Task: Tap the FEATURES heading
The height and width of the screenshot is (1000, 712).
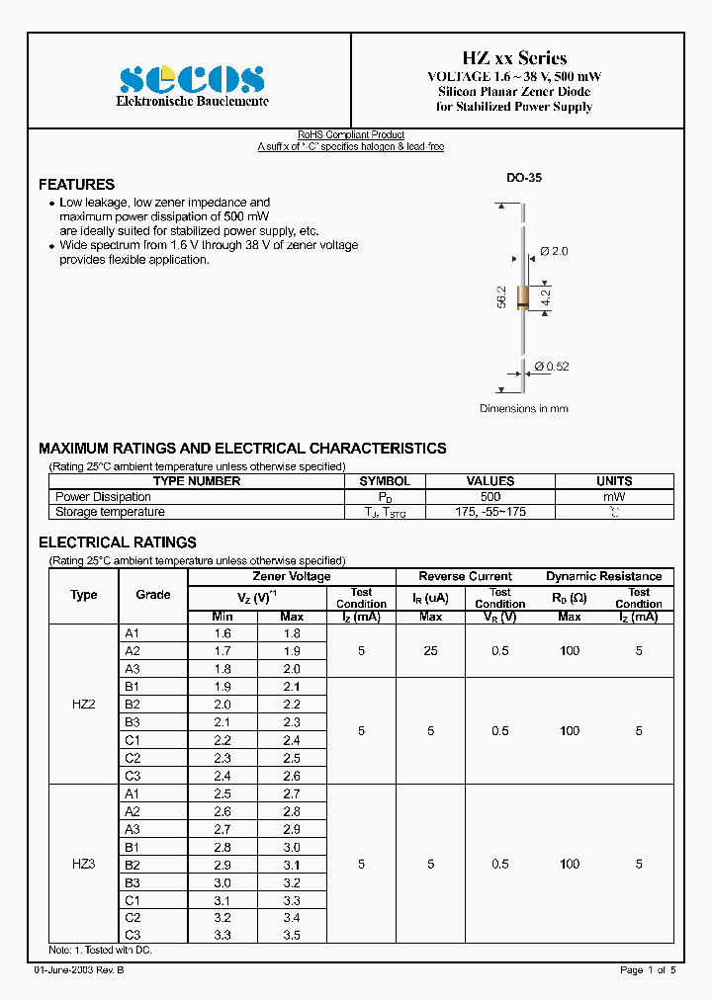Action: [x=76, y=185]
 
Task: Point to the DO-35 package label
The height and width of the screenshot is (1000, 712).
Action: [x=524, y=178]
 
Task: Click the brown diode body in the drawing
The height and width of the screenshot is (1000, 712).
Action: [x=523, y=295]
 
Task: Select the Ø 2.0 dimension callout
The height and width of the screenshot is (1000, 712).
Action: [x=554, y=252]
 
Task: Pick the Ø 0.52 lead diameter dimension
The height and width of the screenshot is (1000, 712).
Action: [x=551, y=367]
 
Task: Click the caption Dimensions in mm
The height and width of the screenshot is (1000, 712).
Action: [x=524, y=408]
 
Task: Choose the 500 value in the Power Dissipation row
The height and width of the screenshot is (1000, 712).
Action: [x=489, y=497]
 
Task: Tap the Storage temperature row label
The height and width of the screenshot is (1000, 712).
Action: [x=110, y=512]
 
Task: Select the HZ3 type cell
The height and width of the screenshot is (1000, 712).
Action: [x=84, y=864]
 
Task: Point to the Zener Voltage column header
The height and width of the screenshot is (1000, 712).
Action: [x=292, y=576]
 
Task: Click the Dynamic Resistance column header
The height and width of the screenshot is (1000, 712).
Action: [x=603, y=576]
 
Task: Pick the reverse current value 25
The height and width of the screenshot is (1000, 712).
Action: [x=431, y=650]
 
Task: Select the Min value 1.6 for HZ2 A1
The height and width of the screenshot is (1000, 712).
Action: [x=222, y=633]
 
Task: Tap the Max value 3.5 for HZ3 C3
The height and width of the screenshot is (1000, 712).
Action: [x=292, y=934]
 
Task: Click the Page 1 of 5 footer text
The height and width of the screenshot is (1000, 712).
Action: [x=648, y=970]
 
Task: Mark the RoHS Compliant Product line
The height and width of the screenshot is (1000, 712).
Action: [x=351, y=135]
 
